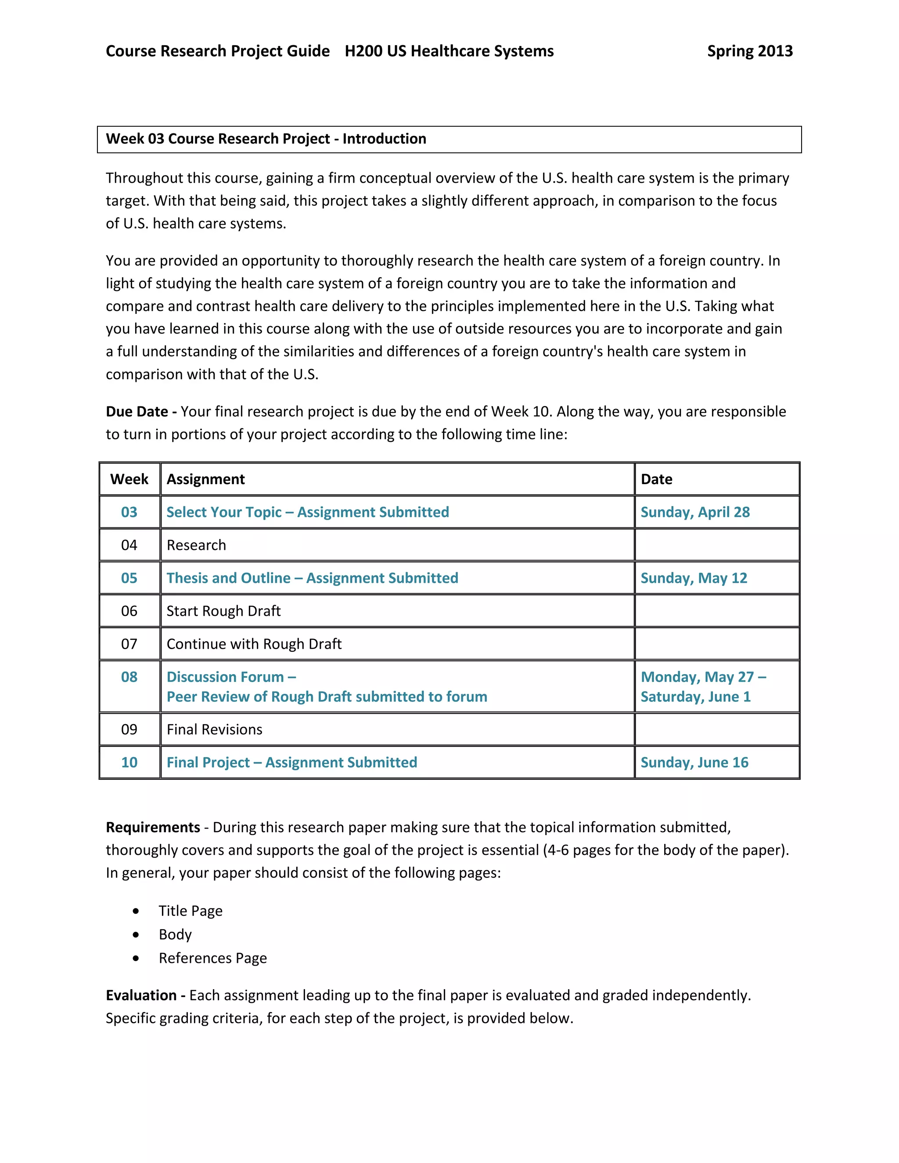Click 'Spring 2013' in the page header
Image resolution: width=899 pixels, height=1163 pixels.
749,51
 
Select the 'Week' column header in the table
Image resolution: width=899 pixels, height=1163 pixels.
129,479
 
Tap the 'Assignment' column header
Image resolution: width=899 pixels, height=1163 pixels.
205,479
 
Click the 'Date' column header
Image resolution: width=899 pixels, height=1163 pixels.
656,479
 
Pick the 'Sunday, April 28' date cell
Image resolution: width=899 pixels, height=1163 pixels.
695,512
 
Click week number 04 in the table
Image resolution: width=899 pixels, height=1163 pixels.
129,545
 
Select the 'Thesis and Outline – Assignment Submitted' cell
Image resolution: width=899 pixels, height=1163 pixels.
312,578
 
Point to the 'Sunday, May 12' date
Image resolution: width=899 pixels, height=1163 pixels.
694,578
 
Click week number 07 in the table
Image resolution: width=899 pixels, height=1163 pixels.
129,644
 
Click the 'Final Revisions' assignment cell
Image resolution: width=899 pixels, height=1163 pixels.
214,729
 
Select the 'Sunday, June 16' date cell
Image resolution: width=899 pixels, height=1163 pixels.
694,763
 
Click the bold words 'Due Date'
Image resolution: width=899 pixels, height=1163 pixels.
137,412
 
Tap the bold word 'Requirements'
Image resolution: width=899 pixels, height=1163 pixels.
153,828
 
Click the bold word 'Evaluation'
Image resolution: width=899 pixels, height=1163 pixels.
141,995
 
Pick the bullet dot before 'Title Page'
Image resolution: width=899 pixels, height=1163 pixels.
137,911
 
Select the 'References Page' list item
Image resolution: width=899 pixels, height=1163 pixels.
212,958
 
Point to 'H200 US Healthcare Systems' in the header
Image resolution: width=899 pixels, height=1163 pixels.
449,51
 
